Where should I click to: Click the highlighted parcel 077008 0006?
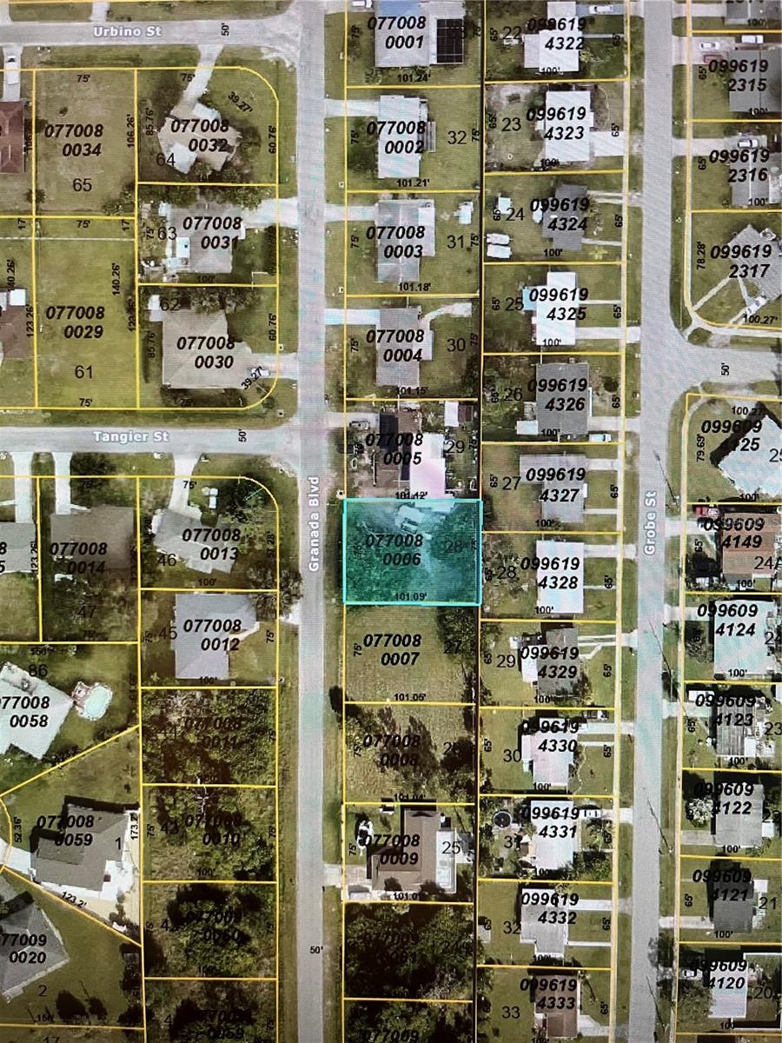[412, 551]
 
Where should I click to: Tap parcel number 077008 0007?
[392, 650]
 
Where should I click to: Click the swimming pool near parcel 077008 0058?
[95, 699]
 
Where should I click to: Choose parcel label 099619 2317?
[739, 261]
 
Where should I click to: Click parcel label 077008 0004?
[394, 345]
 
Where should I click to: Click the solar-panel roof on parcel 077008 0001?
[451, 40]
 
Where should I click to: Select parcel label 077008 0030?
[205, 352]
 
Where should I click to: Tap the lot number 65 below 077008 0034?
[83, 185]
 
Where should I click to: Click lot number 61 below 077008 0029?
[83, 372]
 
